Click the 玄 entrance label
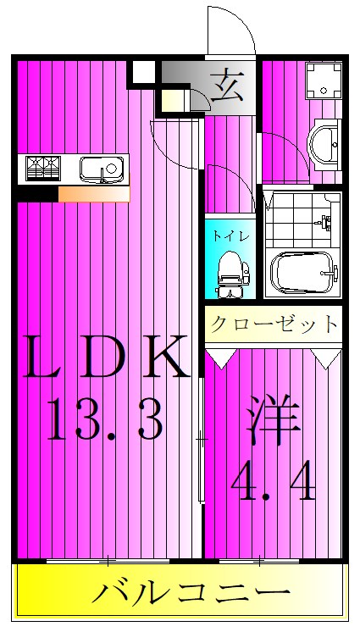point(226,87)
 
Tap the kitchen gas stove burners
point(42,168)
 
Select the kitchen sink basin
point(101,169)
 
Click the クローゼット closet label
point(273,324)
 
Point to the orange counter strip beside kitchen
point(93,195)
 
